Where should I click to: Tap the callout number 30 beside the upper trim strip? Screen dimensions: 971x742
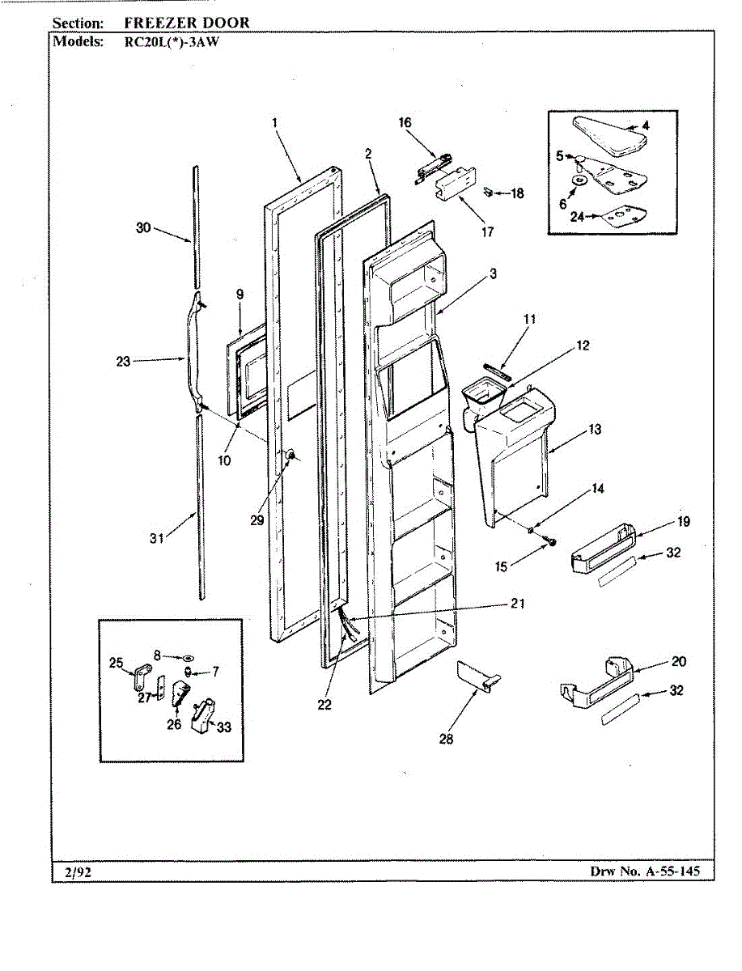[x=143, y=228]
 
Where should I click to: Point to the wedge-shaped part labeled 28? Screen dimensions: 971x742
[x=477, y=676]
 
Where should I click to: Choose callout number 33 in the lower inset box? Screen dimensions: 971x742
[x=224, y=727]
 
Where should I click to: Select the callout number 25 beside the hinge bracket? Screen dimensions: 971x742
[x=116, y=664]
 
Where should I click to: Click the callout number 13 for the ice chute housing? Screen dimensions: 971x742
[x=595, y=429]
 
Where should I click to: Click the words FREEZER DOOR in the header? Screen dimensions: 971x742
[x=187, y=23]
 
